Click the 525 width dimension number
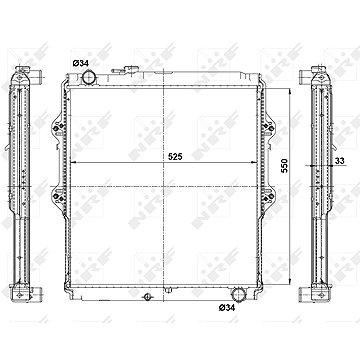click(175, 157)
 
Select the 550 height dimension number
click(284, 166)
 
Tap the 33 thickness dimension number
click(340, 161)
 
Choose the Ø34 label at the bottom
click(227, 308)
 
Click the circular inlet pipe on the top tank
click(89, 77)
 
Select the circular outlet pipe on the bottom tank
click(238, 294)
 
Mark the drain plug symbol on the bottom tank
click(147, 296)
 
